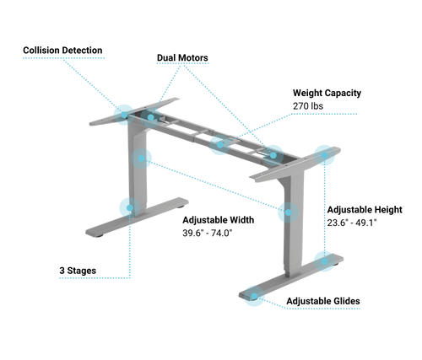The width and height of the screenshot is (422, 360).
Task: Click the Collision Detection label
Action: (62, 51)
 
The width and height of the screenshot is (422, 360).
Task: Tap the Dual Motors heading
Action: (182, 57)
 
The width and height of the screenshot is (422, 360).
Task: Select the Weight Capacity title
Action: (327, 93)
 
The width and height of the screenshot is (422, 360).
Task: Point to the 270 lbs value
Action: (308, 106)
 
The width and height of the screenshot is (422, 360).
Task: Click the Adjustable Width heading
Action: (219, 220)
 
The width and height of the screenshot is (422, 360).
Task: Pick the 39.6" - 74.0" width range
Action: (208, 233)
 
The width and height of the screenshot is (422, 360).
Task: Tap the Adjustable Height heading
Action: (365, 210)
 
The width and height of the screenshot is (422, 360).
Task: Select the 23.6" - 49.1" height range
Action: (352, 223)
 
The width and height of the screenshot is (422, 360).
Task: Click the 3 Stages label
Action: (78, 271)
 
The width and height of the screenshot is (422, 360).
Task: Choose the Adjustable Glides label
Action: (323, 301)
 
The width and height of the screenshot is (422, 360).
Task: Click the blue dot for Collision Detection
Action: (124, 115)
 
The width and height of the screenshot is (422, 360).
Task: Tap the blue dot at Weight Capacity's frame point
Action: (220, 145)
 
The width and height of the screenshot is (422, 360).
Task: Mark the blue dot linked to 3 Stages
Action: (130, 208)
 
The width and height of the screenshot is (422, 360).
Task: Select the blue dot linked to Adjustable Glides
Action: (254, 296)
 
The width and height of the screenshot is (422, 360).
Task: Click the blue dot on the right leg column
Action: (288, 212)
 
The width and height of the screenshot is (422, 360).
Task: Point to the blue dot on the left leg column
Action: (142, 159)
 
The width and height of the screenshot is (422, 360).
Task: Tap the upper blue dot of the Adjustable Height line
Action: (324, 155)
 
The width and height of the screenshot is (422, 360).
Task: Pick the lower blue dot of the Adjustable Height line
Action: (324, 261)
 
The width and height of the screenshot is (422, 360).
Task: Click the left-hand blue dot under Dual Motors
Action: (151, 117)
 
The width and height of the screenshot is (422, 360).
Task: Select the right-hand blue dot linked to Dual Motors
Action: (273, 155)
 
